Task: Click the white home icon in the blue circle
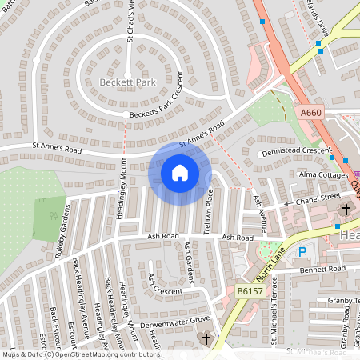[180, 173]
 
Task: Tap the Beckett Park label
[126, 82]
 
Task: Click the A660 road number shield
[311, 113]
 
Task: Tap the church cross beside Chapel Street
[346, 210]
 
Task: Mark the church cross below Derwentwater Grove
[206, 339]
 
